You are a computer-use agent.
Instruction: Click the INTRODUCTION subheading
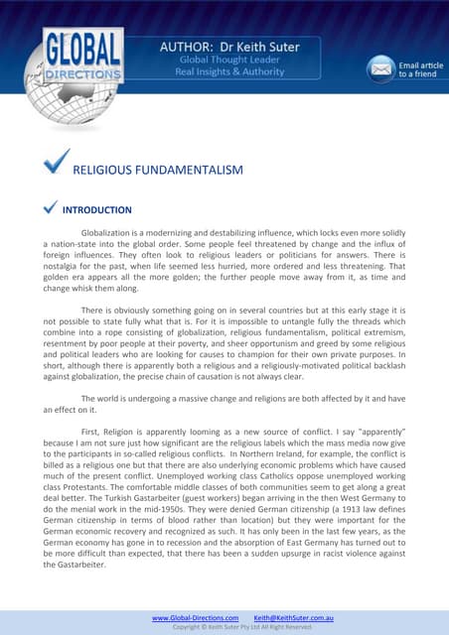pos(96,210)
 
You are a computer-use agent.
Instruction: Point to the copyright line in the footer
pos(242,627)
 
